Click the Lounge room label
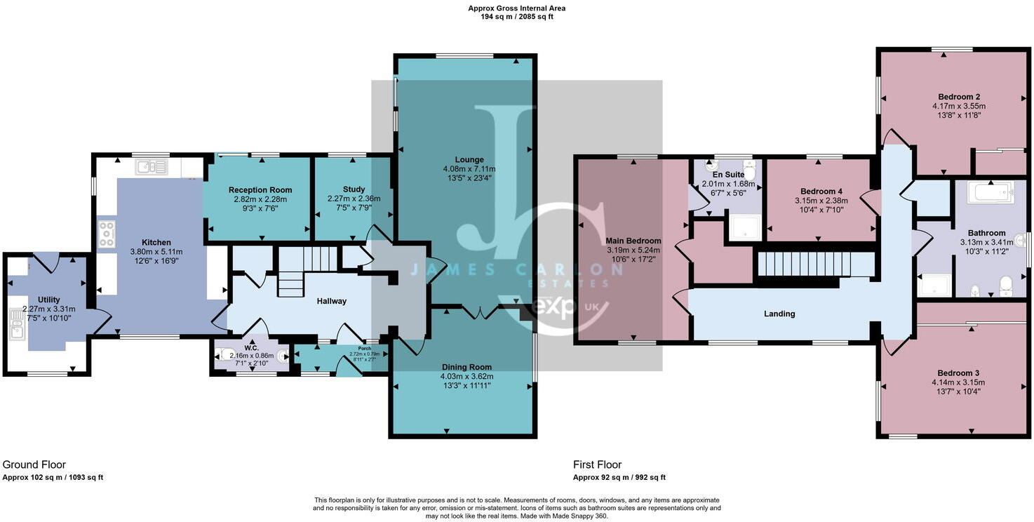[x=469, y=160]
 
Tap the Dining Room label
[x=466, y=367]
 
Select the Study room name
[x=354, y=189]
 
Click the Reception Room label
[x=260, y=190]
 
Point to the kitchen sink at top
[x=152, y=167]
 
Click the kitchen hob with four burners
[x=107, y=234]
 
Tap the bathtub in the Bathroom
[x=989, y=192]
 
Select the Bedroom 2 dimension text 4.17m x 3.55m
[x=958, y=107]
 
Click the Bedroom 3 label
[x=958, y=373]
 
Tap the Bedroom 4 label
[x=821, y=191]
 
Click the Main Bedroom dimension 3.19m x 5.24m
[x=633, y=250]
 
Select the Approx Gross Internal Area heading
[x=516, y=8]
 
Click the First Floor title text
[x=597, y=464]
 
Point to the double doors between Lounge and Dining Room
[x=481, y=312]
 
